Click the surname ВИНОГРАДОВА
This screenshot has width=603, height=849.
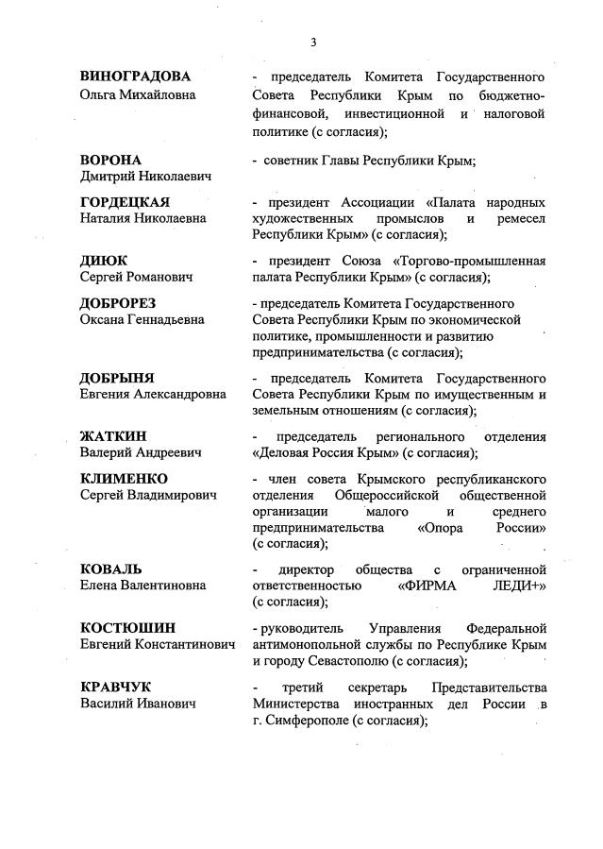tap(135, 76)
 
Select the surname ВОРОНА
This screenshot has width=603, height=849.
tap(110, 160)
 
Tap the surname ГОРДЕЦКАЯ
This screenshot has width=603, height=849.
tap(125, 202)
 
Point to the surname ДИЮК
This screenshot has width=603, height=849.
tap(103, 260)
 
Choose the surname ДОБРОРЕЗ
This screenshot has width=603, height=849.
tap(118, 303)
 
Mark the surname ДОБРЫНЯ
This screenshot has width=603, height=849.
tap(116, 379)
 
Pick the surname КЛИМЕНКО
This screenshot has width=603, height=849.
tap(123, 479)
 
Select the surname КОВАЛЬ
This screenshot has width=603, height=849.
tap(110, 569)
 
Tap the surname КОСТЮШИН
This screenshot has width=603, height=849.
tap(127, 627)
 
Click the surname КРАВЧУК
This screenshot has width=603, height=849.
tap(115, 687)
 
